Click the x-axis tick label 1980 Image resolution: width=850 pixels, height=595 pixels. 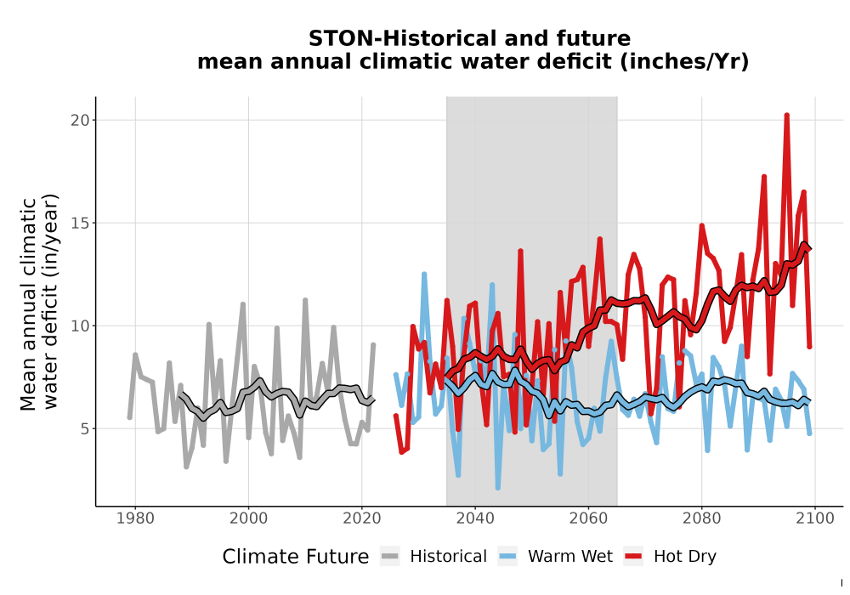click(x=135, y=518)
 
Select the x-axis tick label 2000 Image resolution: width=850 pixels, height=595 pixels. click(x=248, y=518)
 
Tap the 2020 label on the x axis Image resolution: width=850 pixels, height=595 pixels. click(x=361, y=518)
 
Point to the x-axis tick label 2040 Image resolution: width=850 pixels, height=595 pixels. click(x=475, y=518)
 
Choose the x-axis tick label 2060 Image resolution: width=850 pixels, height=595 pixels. click(x=588, y=518)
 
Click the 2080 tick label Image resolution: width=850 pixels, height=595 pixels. click(x=701, y=518)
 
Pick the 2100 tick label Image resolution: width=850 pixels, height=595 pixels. click(x=815, y=518)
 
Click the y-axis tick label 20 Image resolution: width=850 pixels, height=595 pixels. click(x=80, y=120)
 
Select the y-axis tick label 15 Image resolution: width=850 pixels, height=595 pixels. click(x=80, y=223)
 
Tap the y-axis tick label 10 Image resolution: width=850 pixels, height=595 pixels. click(x=80, y=326)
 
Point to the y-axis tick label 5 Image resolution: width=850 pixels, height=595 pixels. click(x=84, y=429)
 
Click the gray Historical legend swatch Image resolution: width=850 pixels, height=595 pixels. click(x=390, y=557)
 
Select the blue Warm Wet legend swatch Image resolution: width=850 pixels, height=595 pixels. click(x=507, y=557)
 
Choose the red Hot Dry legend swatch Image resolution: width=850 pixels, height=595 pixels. click(x=633, y=557)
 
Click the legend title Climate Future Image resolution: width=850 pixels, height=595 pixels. click(x=296, y=557)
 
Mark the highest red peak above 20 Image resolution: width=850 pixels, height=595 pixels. click(x=786, y=116)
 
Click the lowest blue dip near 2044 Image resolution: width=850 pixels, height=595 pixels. click(x=497, y=488)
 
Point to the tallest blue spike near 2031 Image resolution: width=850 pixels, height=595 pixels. click(x=424, y=275)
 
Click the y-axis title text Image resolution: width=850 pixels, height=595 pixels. click(x=39, y=302)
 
